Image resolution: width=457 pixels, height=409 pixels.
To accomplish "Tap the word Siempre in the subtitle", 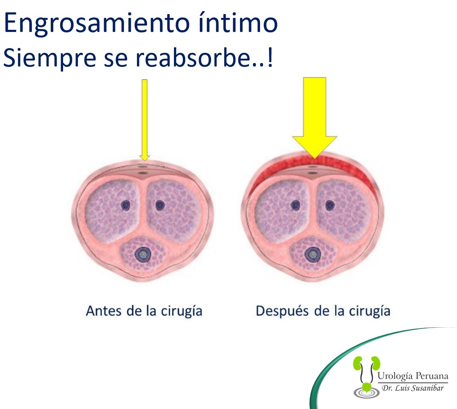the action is [x=50, y=58].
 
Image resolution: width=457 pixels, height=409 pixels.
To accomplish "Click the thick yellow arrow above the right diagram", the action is [x=315, y=118].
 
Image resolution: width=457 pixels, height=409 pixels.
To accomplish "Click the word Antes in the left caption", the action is [x=104, y=311].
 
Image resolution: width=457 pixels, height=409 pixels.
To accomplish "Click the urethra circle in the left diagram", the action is [x=143, y=254].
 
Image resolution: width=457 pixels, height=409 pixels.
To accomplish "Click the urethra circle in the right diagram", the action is [x=313, y=254].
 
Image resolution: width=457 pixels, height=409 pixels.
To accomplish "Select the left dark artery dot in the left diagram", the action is [x=126, y=205].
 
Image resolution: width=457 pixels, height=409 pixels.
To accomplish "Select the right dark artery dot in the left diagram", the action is [x=160, y=205].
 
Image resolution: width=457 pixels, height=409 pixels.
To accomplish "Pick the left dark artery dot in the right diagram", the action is [x=295, y=205].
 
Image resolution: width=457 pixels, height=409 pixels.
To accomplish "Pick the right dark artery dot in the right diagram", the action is [x=330, y=205].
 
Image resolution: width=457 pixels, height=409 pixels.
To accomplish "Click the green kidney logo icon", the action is [x=366, y=376].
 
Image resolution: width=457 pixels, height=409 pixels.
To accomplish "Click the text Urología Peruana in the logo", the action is [x=413, y=376].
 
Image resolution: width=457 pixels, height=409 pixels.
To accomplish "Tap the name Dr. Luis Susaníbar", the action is [x=413, y=388].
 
